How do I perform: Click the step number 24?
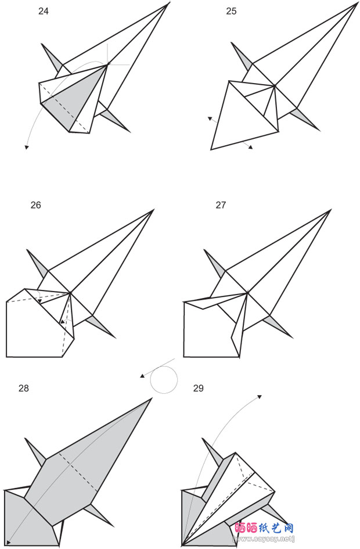(44, 11)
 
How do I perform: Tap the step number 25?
(231, 11)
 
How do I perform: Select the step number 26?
(35, 205)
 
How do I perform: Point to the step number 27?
(221, 205)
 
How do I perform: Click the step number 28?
(23, 388)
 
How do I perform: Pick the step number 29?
(199, 388)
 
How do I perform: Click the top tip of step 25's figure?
(357, 3)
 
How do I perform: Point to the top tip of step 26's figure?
(154, 210)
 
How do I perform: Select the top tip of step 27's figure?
(331, 210)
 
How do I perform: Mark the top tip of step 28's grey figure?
(152, 399)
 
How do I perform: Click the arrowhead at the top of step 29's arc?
(260, 397)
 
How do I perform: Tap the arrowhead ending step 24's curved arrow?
(26, 148)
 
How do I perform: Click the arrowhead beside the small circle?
(142, 376)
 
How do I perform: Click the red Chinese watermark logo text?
(264, 528)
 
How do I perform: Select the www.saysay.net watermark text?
(264, 539)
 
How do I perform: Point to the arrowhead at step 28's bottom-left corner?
(8, 543)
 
